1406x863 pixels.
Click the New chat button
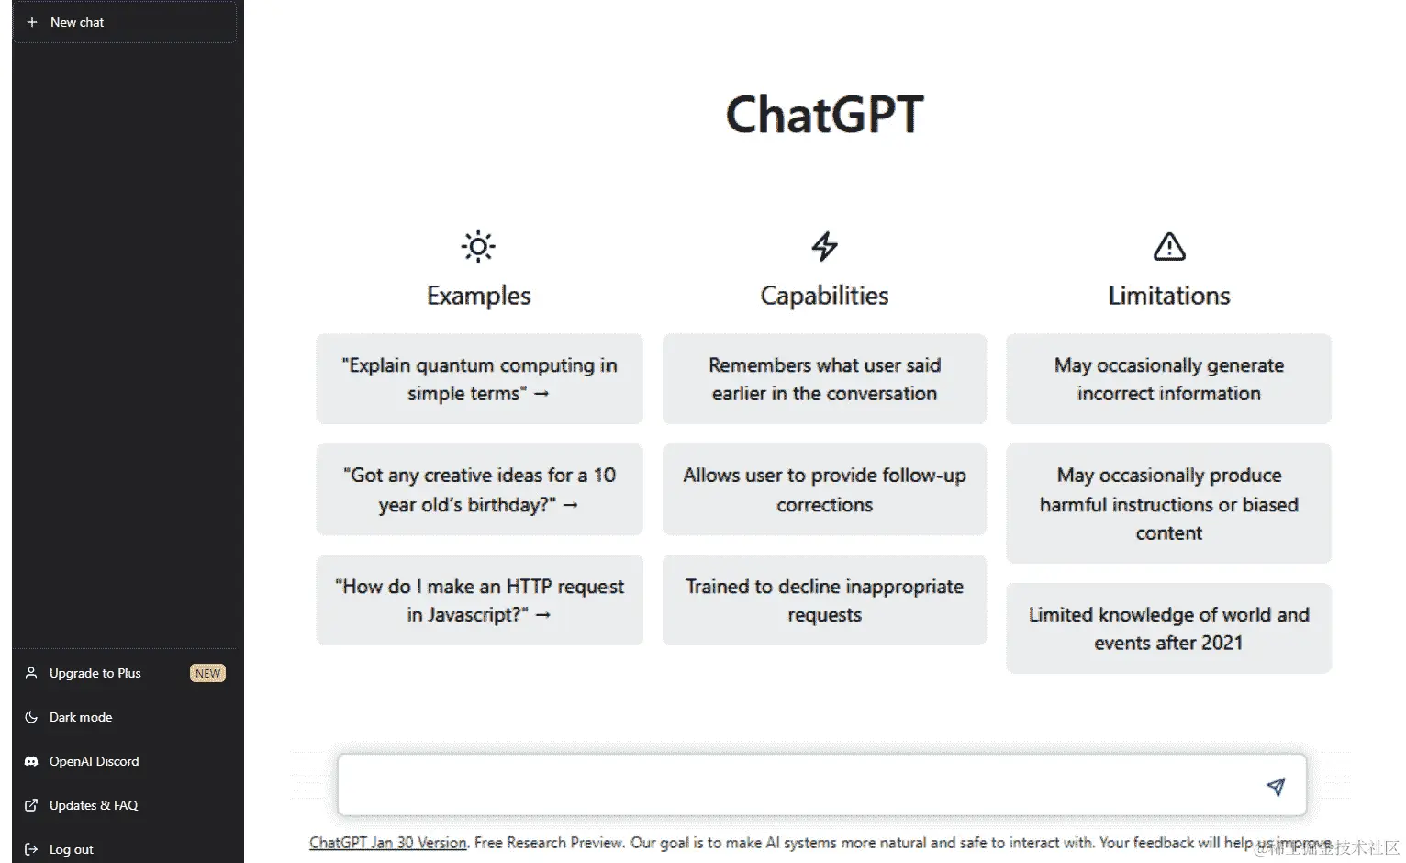(x=124, y=22)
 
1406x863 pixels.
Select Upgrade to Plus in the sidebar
(x=95, y=673)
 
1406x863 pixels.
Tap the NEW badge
(x=207, y=673)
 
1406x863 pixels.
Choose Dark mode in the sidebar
(x=81, y=717)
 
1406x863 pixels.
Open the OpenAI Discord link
(x=94, y=761)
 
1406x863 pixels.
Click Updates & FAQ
(x=93, y=805)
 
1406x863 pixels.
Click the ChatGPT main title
(x=824, y=115)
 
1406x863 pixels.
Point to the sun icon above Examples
(x=478, y=246)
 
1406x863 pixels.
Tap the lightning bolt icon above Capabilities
(x=824, y=246)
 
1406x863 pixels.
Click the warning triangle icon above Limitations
(x=1168, y=246)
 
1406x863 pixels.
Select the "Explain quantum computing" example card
(x=479, y=379)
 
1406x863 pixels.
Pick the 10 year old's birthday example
(x=479, y=489)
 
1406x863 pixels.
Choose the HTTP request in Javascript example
(x=479, y=600)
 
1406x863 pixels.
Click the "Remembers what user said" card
(x=824, y=379)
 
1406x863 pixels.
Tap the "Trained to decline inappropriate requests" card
(x=824, y=600)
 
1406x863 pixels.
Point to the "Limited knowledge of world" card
(x=1168, y=629)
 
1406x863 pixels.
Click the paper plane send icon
(x=1276, y=786)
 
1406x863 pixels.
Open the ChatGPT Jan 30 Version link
(x=387, y=843)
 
